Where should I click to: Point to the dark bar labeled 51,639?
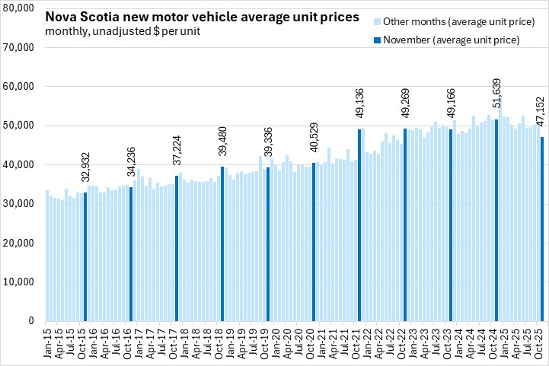pos(496,221)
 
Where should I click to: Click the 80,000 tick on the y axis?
pos(19,8)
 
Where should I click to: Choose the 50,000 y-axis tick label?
pos(19,126)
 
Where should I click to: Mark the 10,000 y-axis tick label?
pos(19,282)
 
